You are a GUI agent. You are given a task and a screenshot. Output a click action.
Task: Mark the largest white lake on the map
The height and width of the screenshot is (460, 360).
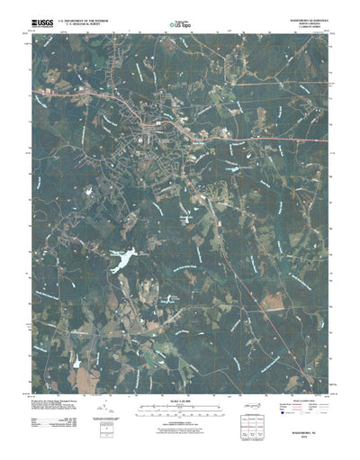[x=121, y=261]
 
